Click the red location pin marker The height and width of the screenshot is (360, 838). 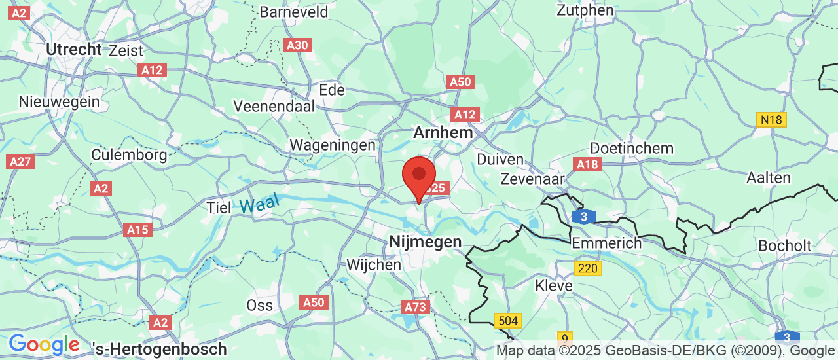tap(419, 176)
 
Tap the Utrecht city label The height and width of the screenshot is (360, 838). tap(74, 49)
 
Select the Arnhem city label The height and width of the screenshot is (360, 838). tap(443, 132)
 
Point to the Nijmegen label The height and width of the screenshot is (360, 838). tap(426, 242)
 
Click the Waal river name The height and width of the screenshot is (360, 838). tap(259, 203)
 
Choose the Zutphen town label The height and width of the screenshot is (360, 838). tap(585, 10)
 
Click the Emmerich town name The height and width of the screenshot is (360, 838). tap(606, 243)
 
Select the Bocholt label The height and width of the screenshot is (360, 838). tap(785, 246)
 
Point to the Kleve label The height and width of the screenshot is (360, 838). tap(554, 286)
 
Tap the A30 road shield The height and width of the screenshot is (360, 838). tap(298, 45)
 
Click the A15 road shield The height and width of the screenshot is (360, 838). tap(137, 230)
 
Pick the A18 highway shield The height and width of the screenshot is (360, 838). tap(587, 164)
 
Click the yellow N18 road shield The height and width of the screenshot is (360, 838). tap(771, 120)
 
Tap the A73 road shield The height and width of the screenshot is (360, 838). tap(415, 307)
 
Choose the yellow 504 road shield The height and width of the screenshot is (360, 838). tap(509, 321)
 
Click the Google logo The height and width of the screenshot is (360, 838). tap(44, 345)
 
